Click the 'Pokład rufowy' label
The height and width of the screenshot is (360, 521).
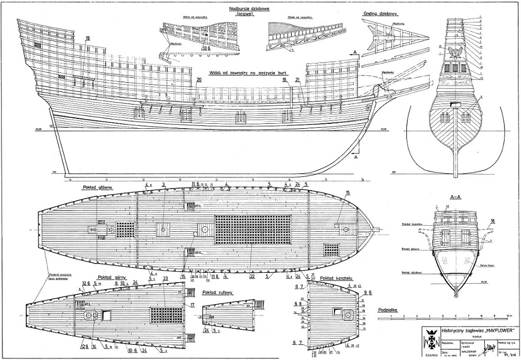coord(218,292)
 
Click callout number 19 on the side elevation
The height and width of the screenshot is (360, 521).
coord(88,37)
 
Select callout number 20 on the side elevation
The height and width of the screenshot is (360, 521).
coord(199,80)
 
